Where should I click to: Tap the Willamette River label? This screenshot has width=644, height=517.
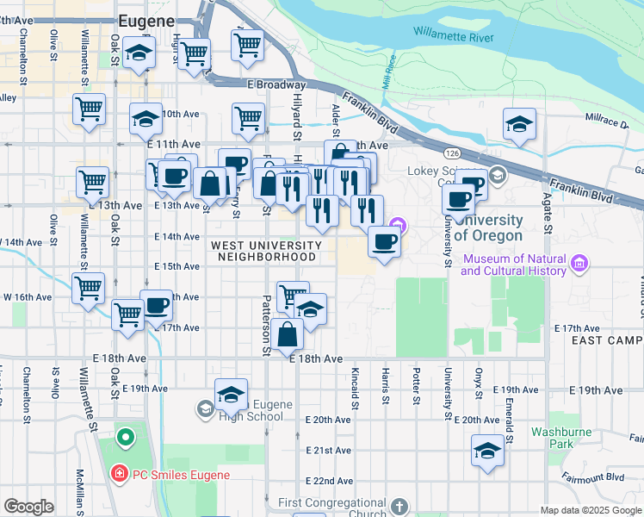tap(453, 35)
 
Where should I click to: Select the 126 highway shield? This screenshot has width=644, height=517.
tap(451, 153)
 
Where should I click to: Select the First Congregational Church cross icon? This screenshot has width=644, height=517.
tap(399, 506)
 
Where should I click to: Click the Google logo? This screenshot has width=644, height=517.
tap(28, 507)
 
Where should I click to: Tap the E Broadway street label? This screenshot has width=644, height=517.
tap(276, 85)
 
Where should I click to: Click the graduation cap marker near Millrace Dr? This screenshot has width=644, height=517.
tap(520, 125)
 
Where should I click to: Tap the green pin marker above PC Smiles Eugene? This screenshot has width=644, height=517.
tap(126, 438)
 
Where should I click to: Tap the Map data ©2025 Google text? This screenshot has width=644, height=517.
tap(591, 510)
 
